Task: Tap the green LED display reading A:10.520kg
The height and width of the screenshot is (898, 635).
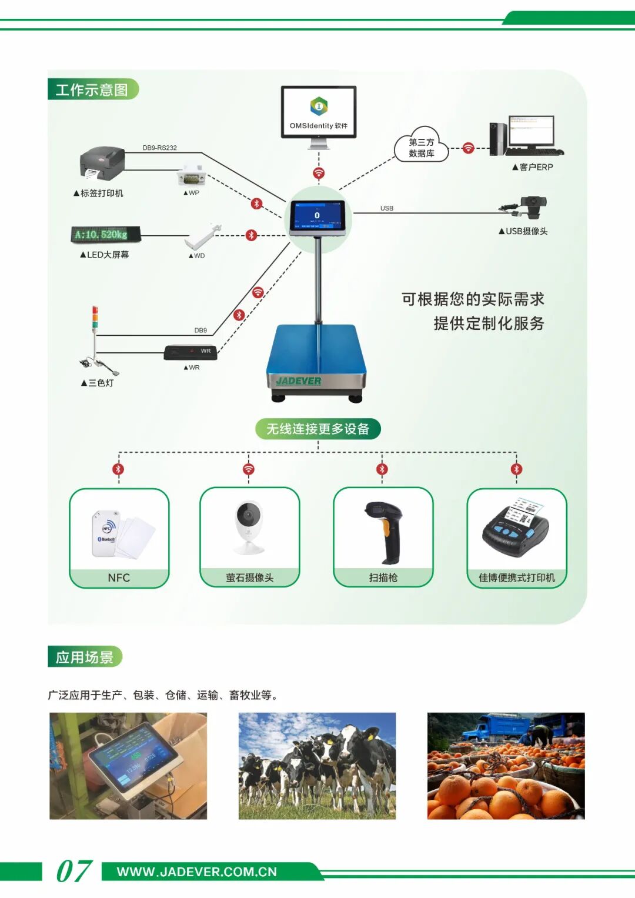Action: coord(106,235)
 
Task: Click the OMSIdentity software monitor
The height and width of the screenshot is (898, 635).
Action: coord(319,112)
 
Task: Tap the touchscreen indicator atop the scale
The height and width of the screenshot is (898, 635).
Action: coord(317,216)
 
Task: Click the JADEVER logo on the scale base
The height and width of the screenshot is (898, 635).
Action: coord(299,381)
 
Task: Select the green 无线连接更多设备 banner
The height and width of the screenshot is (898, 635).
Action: coord(317,429)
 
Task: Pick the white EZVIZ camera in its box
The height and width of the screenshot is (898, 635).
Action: coord(249,526)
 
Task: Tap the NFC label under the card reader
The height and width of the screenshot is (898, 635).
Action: coord(119,578)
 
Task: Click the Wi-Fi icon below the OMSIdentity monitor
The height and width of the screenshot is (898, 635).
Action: coord(319,173)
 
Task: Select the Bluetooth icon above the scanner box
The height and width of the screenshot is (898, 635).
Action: coord(382,469)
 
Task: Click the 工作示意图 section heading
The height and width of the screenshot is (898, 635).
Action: coord(92,89)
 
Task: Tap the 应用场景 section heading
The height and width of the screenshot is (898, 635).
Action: coord(85,657)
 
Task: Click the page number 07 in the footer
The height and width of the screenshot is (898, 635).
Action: coord(73,871)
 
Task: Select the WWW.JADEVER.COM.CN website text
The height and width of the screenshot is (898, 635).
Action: coord(197,872)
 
